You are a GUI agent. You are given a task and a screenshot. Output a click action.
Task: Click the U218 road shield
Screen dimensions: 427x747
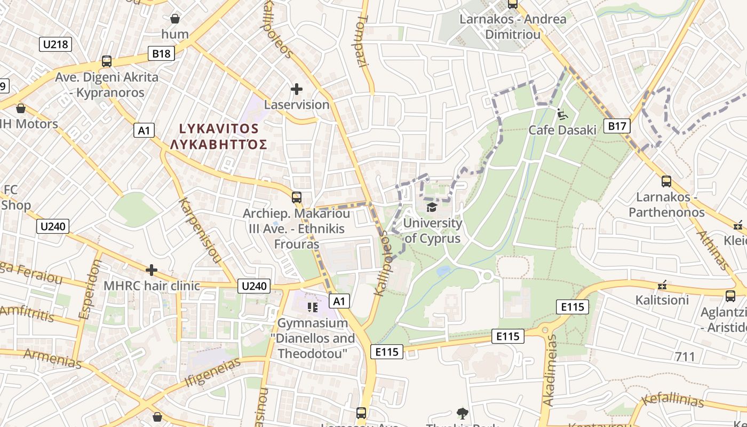[x=55, y=44]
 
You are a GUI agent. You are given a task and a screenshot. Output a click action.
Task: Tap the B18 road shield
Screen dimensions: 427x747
[x=161, y=53]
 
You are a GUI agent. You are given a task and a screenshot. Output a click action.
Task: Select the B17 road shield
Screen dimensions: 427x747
[x=617, y=126]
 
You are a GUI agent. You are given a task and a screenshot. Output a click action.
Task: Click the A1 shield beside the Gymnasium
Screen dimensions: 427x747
[x=339, y=302]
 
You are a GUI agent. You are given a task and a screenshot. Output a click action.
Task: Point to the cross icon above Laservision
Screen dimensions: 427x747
[x=297, y=89]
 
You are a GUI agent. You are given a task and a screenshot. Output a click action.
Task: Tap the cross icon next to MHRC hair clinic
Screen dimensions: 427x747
[x=152, y=270]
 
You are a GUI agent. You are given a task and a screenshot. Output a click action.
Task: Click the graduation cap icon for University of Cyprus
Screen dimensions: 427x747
[x=432, y=207]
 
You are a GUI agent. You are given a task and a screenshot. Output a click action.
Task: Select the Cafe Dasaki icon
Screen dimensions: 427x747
[x=562, y=114]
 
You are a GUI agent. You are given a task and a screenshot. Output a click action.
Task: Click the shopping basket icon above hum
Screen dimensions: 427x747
[x=174, y=19]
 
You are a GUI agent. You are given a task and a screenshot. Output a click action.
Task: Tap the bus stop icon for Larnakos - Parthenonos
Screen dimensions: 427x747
[x=666, y=181]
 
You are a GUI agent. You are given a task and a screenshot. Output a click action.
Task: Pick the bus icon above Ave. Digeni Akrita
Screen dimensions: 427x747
[x=107, y=61]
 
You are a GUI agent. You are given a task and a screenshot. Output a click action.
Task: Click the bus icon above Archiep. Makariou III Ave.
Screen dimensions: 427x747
[x=297, y=197]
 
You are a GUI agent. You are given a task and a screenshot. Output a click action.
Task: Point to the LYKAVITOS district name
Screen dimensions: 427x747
[x=219, y=129]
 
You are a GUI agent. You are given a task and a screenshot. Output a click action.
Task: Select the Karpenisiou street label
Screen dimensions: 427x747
[x=200, y=231]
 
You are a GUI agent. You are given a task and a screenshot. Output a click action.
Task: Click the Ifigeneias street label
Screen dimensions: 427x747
[x=213, y=372]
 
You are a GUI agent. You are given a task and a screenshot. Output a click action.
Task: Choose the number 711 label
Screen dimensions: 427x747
[x=685, y=357]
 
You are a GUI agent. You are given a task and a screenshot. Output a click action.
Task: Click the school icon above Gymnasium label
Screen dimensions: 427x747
[x=313, y=307]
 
